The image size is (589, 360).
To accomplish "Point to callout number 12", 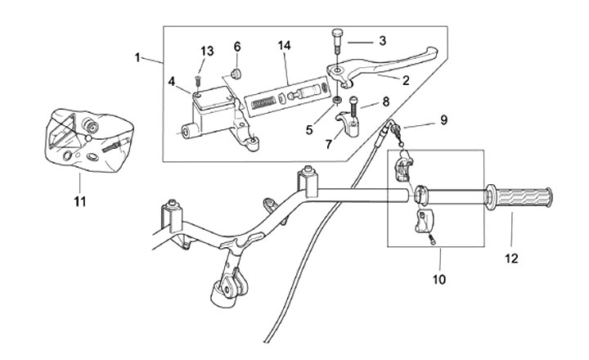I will tap(512, 259).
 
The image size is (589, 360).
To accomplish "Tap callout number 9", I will tap(443, 120).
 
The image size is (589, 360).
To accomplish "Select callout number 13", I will tap(207, 52).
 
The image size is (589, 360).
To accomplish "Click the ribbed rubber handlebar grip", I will tap(521, 197).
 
